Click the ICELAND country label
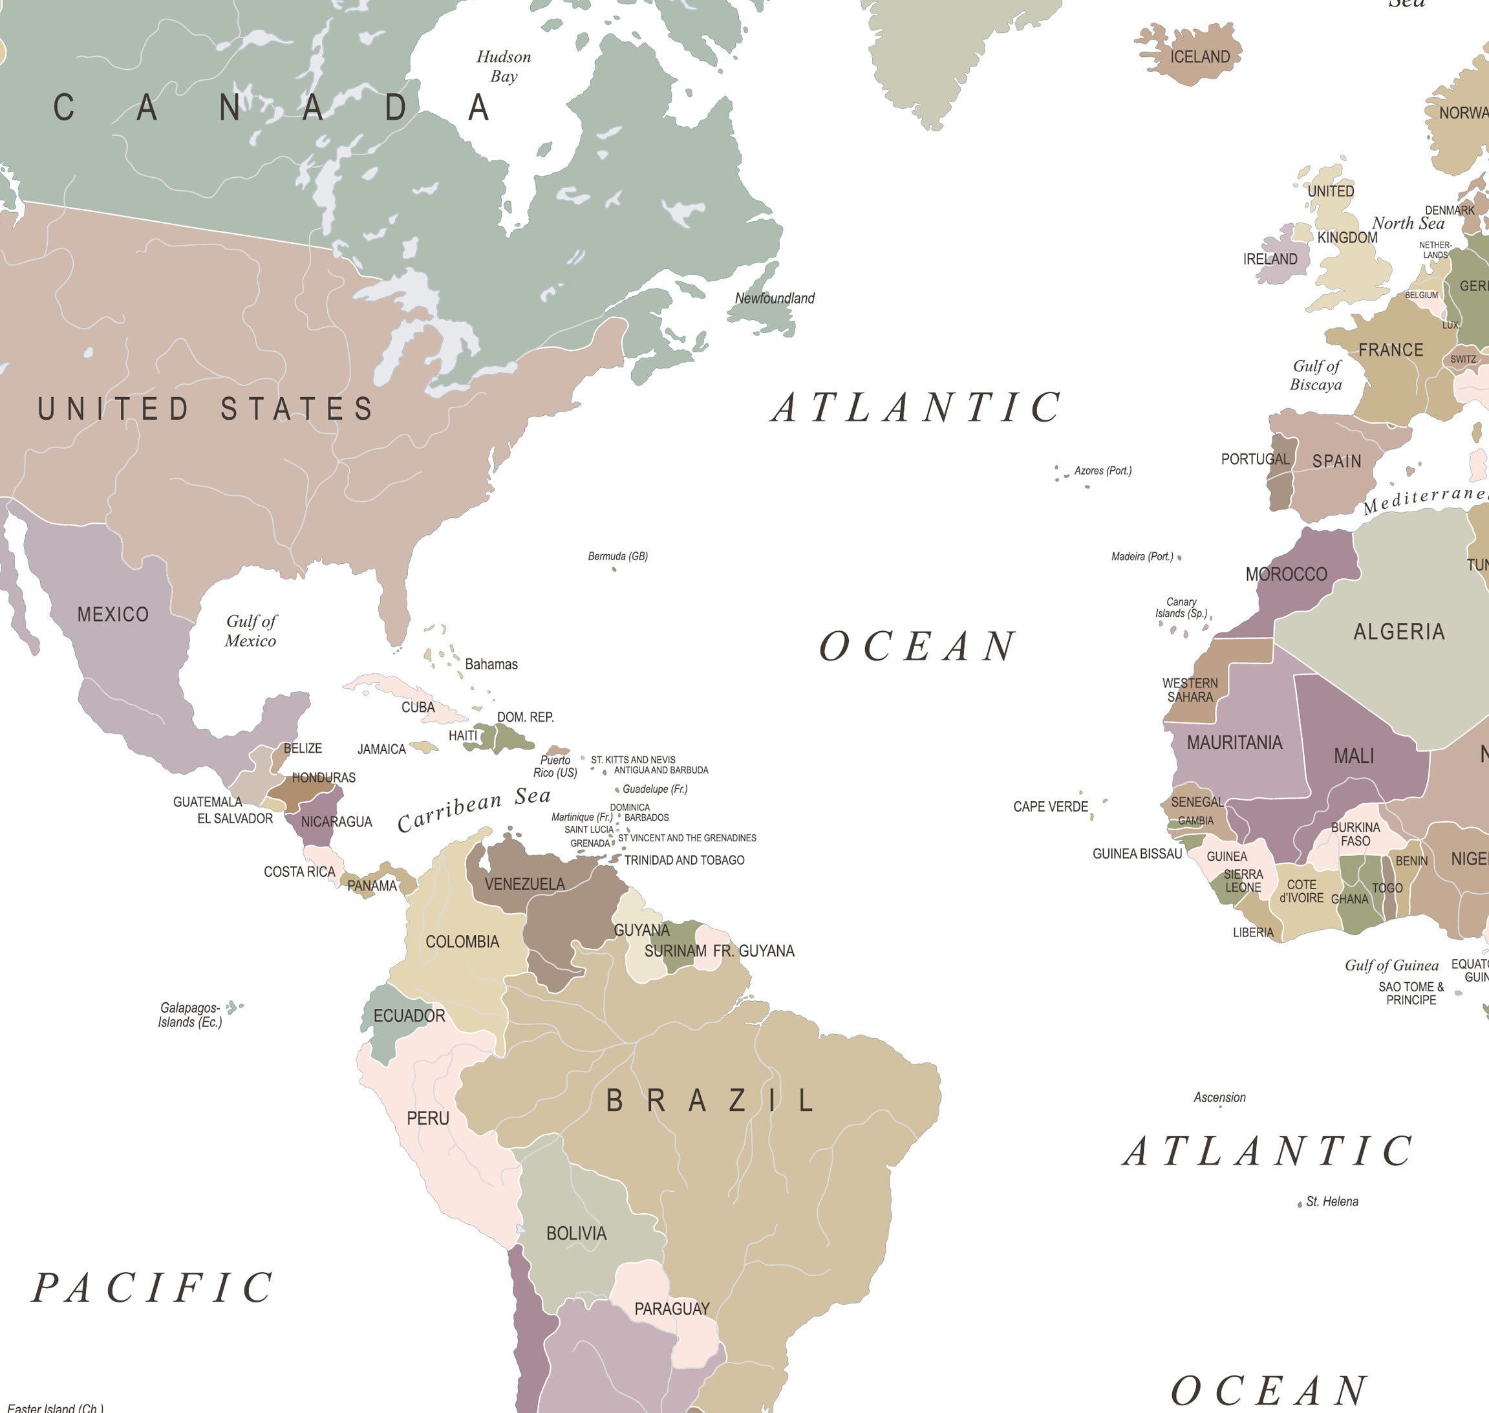coord(1200,58)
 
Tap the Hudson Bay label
coord(503,66)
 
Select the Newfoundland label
coord(775,298)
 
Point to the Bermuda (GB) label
coord(617,556)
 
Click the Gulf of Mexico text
coord(251,631)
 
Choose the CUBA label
coord(418,706)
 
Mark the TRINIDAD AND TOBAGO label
coord(684,859)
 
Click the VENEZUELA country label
coord(524,883)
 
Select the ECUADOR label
coord(409,1015)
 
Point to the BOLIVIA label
coord(576,1233)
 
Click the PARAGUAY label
coord(672,1308)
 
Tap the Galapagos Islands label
coord(190,1015)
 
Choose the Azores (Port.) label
coord(1102,471)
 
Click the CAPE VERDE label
coord(1050,806)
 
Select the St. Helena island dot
coord(1299,1204)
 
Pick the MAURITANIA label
coord(1234,742)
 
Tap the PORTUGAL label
coord(1255,458)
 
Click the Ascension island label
coord(1219,1097)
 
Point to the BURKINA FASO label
coord(1355,834)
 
